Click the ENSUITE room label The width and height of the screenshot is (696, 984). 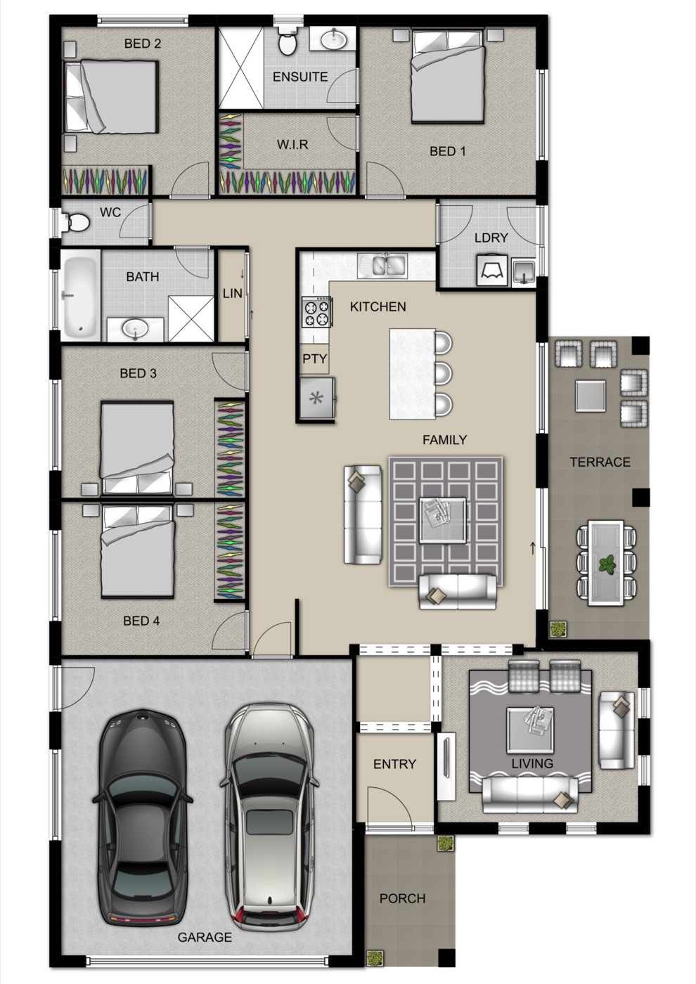click(300, 77)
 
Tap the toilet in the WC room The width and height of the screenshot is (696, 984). click(76, 222)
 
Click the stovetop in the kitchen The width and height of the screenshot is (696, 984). click(316, 311)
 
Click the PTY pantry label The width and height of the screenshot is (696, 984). click(315, 359)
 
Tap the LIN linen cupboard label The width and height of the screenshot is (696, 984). click(233, 294)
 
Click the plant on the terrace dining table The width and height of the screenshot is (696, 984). click(607, 564)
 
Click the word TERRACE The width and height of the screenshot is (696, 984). click(600, 462)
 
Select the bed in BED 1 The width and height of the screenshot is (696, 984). click(449, 76)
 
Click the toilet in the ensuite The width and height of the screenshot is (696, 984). click(288, 43)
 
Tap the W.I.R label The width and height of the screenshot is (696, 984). click(292, 145)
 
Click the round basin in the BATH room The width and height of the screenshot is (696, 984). click(135, 328)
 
